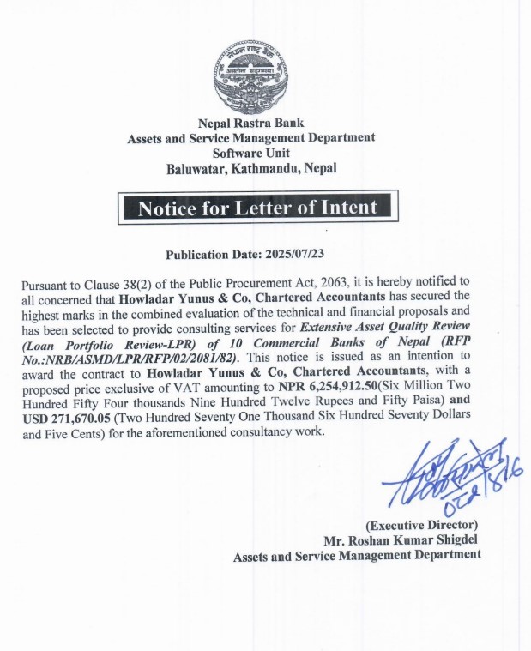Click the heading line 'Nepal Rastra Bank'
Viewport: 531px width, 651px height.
click(251, 124)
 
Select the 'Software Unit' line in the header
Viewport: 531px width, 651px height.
click(251, 152)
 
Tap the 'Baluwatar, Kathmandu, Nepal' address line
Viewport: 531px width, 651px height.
click(251, 168)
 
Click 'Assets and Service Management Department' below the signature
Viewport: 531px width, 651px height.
click(358, 555)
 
